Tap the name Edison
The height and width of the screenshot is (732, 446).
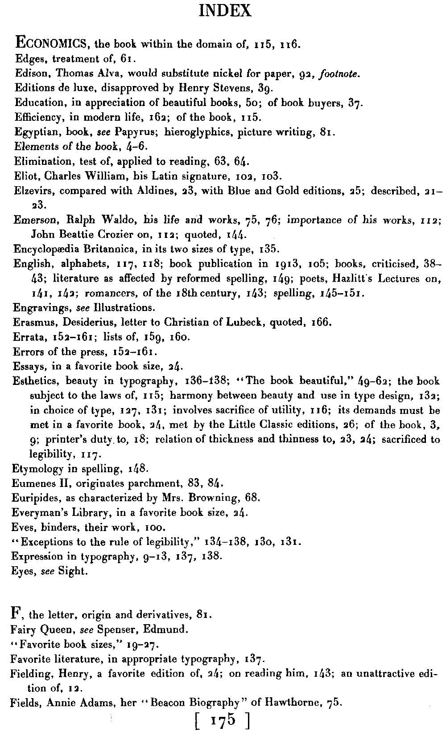(28, 73)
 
